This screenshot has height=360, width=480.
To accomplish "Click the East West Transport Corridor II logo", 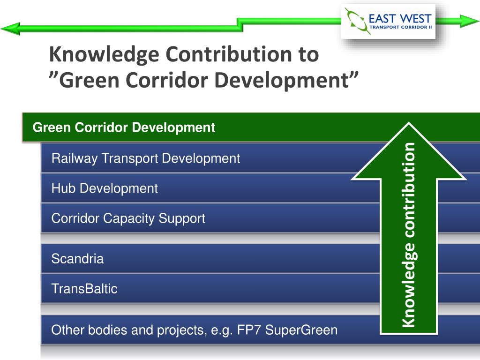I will pos(388,21).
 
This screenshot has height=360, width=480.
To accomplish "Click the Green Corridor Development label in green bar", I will pos(124,127).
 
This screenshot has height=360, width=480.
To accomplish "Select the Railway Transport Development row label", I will pos(145,158).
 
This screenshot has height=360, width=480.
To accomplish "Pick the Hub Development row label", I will pos(105,188).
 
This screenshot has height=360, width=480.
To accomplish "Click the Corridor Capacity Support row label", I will pos(128,218).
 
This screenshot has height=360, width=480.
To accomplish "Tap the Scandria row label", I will pos(77,259).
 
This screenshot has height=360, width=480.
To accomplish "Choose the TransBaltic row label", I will pos(84,289).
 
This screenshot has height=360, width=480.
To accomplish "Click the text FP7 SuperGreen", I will pos(301,330).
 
